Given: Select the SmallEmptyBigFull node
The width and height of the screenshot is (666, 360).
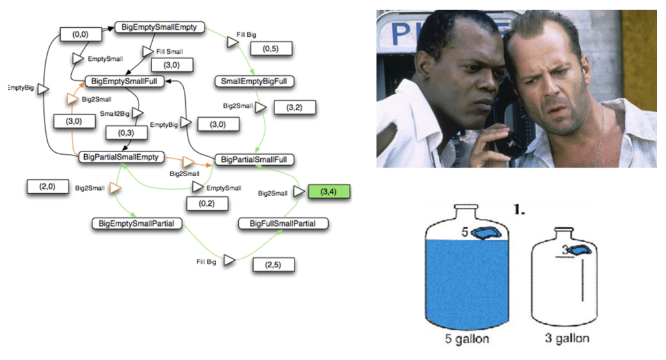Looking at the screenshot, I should tap(254, 82).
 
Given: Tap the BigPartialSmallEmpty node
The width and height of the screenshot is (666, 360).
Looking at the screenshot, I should tap(122, 157).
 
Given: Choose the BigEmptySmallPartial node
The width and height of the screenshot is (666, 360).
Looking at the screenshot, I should tap(137, 223).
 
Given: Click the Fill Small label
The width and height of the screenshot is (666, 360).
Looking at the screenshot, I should tap(170, 51).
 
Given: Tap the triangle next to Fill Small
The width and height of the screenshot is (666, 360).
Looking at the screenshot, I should tap(147, 51).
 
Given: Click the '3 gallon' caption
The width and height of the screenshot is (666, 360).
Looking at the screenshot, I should tap(567, 338).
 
